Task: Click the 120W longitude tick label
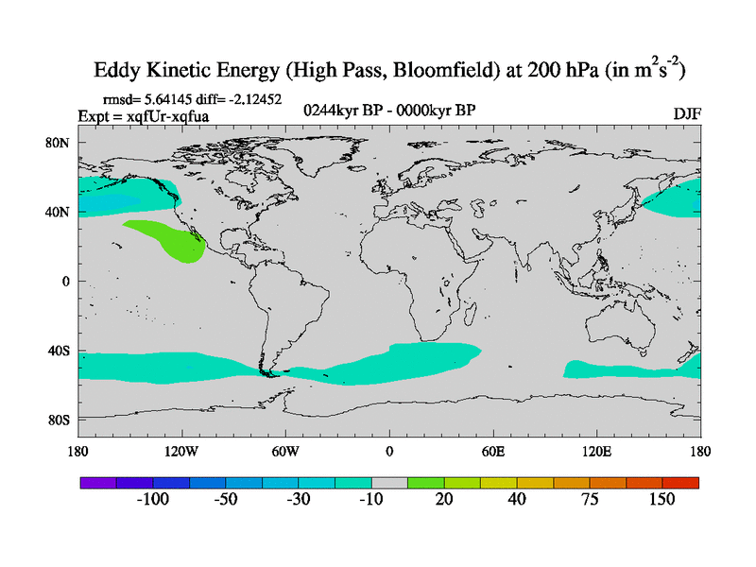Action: [x=180, y=451]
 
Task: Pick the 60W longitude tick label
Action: [x=285, y=451]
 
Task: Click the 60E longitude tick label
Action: [x=493, y=451]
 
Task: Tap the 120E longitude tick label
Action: [x=597, y=451]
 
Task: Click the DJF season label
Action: [x=686, y=113]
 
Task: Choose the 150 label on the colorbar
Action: [x=661, y=500]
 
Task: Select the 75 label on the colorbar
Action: [x=590, y=500]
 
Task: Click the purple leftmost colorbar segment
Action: [x=97, y=482]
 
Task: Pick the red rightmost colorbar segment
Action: [x=680, y=482]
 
